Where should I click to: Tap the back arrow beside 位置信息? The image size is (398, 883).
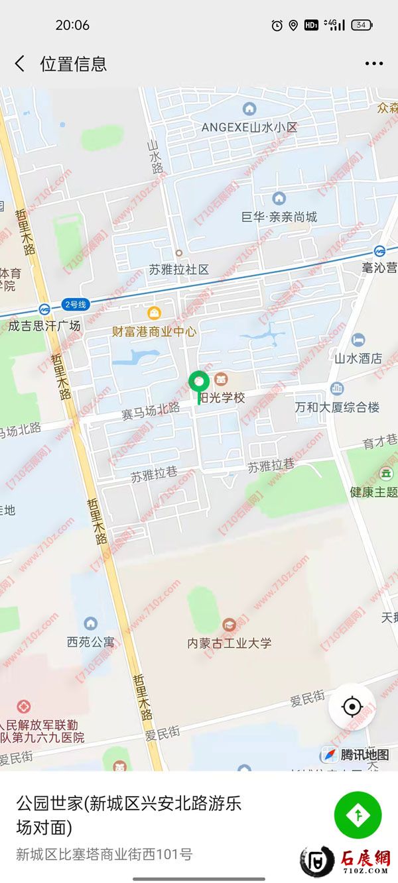click(20, 64)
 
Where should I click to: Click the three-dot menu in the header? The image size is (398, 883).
click(373, 64)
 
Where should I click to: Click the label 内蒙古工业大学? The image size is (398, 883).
click(229, 643)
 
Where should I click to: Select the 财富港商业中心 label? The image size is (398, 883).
click(153, 331)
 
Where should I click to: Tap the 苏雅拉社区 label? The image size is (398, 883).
click(178, 269)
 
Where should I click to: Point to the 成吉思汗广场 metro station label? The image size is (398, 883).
click(44, 325)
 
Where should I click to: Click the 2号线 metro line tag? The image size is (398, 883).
click(75, 305)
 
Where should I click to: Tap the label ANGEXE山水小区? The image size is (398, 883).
click(249, 127)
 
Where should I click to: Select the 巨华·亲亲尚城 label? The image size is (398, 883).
click(279, 217)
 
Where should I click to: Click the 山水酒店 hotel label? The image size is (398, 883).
click(358, 358)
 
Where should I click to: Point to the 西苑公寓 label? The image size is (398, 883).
click(90, 641)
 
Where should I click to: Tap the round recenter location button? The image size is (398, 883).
click(352, 707)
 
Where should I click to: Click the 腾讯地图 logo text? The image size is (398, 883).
click(364, 754)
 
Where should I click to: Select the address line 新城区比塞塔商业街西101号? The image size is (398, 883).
click(104, 854)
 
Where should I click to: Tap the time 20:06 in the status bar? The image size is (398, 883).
click(72, 25)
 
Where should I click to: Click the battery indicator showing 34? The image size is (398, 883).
click(362, 25)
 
